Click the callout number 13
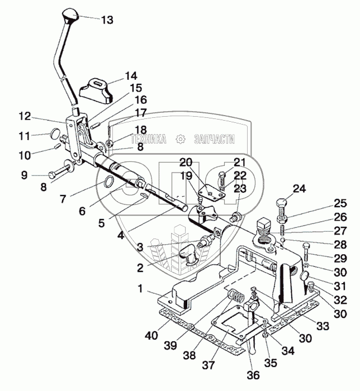click(x=107, y=20)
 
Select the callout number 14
click(x=130, y=75)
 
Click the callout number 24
click(x=300, y=189)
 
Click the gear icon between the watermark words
click(x=180, y=140)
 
